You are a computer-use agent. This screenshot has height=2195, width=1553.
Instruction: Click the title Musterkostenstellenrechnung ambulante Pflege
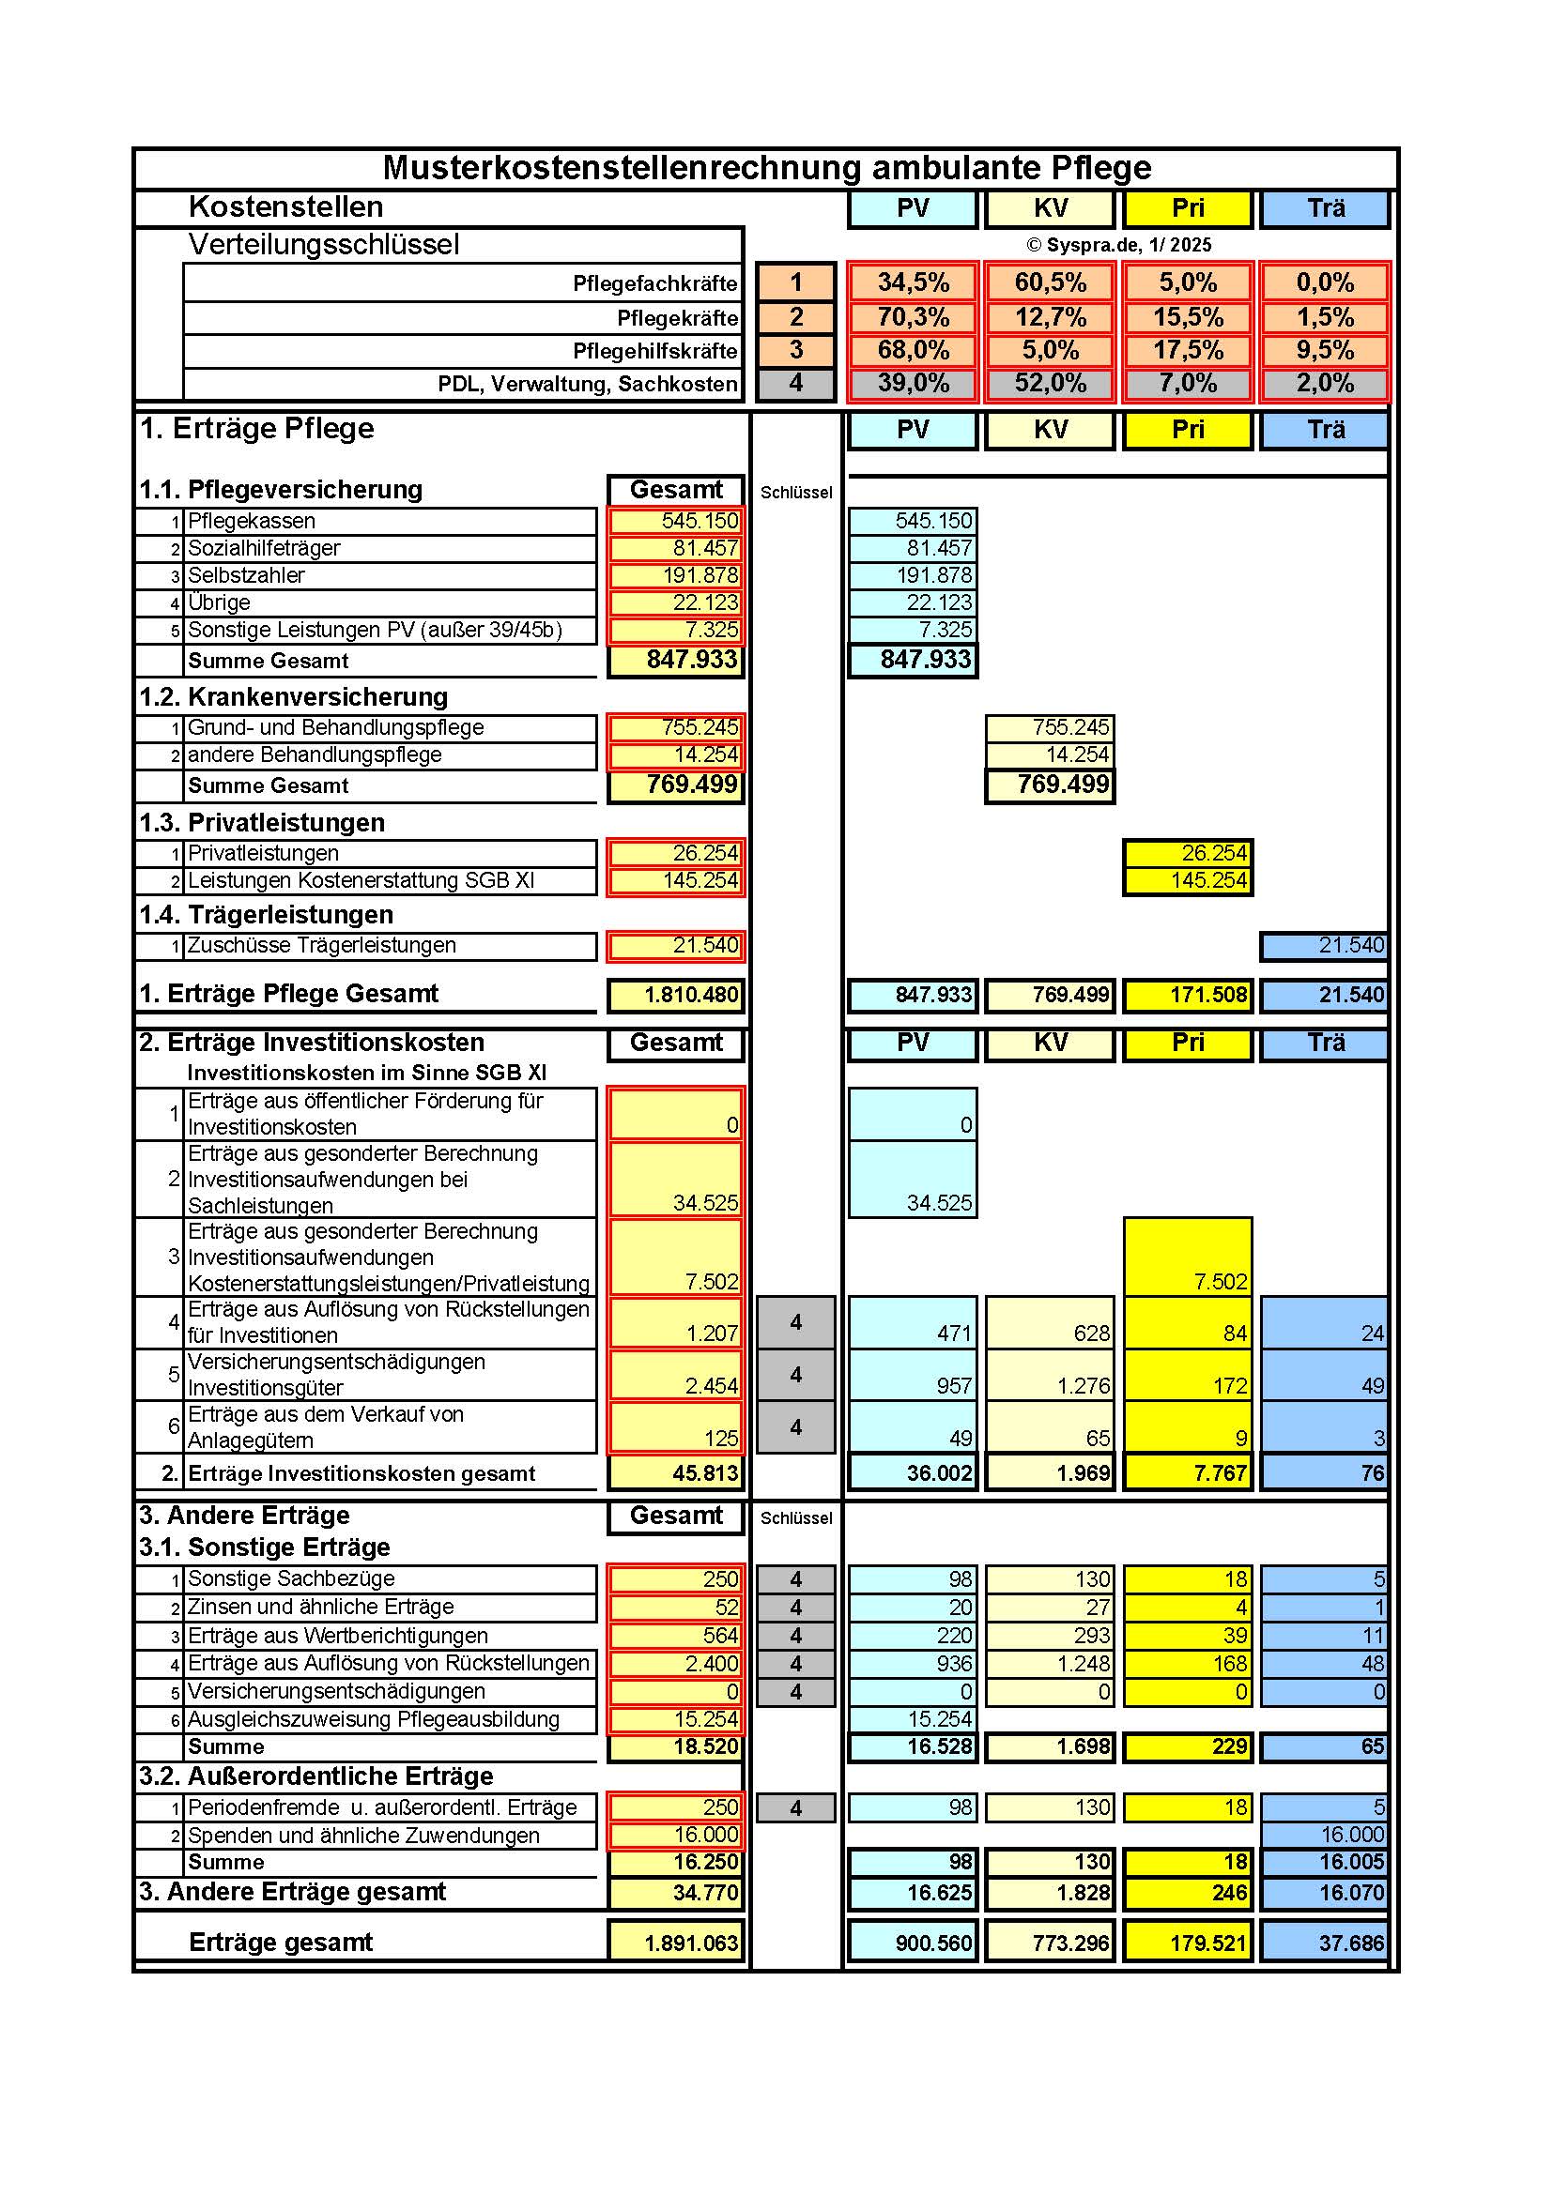tap(766, 168)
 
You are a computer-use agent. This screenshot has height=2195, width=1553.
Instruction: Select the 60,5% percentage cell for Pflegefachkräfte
tap(1050, 283)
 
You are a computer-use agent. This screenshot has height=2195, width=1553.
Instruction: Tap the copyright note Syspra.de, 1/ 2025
tap(1119, 245)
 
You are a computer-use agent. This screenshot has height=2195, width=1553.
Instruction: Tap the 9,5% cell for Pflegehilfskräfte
tap(1325, 351)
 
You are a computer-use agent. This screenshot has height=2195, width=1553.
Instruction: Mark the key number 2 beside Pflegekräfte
tap(796, 317)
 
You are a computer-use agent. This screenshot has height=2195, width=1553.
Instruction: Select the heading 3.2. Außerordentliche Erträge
tap(315, 1776)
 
